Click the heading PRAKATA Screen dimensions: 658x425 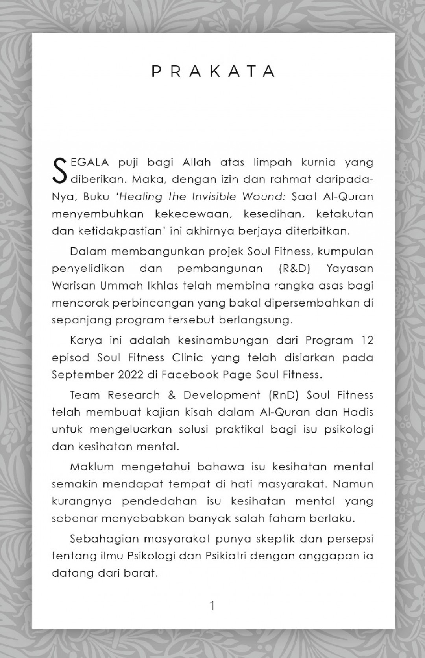tap(213, 71)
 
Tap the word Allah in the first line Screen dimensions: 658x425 tap(196, 162)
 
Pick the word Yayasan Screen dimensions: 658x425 tap(350, 268)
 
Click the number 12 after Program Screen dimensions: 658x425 tap(366, 340)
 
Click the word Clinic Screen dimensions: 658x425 tap(187, 357)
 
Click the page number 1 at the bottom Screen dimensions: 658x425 tap(213, 605)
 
